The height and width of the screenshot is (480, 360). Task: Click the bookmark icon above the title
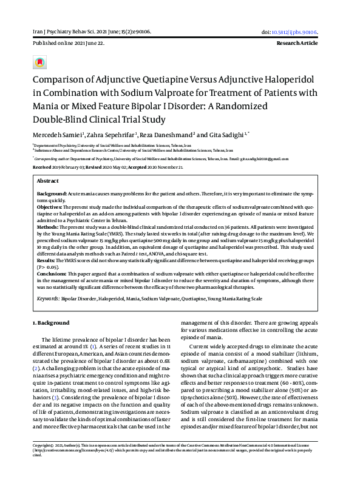point(40,63)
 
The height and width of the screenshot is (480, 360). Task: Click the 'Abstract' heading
point(48,181)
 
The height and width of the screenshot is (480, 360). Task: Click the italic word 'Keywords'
point(47,299)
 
